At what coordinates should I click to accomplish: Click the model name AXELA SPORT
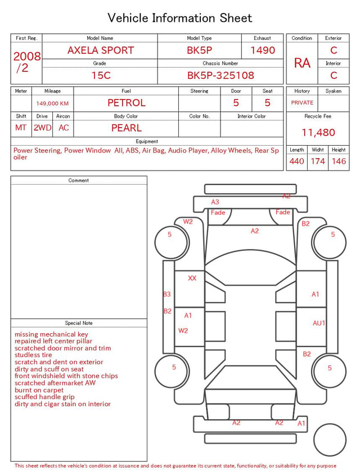tap(101, 50)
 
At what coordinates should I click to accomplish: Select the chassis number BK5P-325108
tap(220, 75)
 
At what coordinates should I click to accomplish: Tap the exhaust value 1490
tap(263, 50)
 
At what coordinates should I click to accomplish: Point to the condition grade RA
tap(302, 63)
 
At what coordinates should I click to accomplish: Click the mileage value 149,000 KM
tap(52, 104)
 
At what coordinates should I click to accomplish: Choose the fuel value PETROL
tap(127, 103)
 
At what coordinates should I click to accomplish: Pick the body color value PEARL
tap(127, 128)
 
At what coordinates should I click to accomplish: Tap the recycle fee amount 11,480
tap(318, 132)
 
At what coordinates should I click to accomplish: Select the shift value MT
tap(21, 128)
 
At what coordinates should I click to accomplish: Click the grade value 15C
tap(101, 75)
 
